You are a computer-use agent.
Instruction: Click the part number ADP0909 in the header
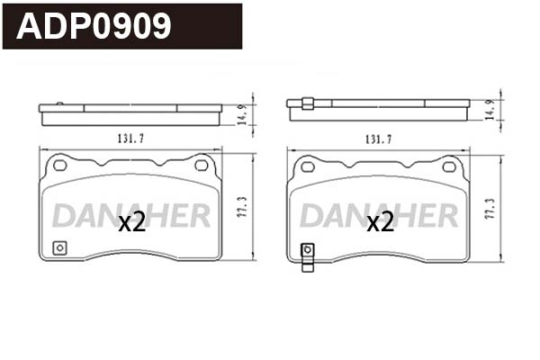(94, 26)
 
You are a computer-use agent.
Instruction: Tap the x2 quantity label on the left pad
(132, 222)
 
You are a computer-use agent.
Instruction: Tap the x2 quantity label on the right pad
(380, 222)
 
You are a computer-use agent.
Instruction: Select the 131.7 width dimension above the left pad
(130, 139)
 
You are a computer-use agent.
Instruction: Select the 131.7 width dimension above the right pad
(377, 139)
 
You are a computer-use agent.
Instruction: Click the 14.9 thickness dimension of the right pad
(489, 110)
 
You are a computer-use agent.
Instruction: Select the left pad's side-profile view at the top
(130, 112)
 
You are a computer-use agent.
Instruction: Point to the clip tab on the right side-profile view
(307, 103)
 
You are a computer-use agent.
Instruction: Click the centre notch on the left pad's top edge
(130, 163)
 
